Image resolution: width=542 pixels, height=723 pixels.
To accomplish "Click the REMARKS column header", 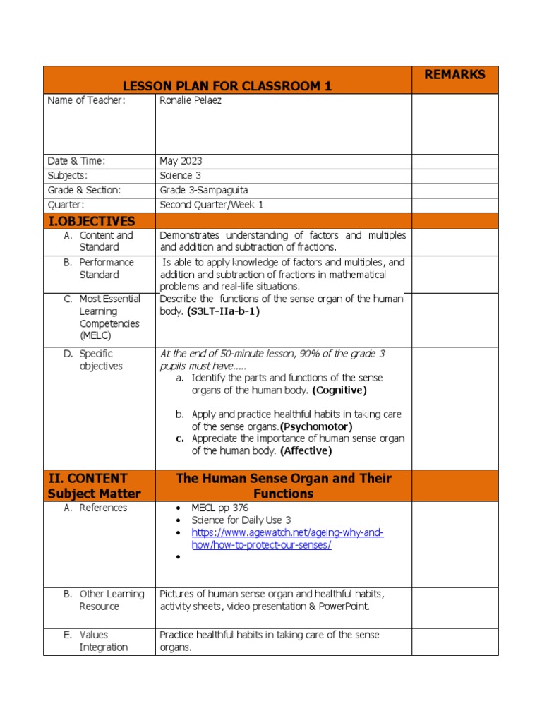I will click(x=454, y=75).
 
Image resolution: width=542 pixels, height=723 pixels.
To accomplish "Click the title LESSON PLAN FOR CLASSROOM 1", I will click(x=227, y=86).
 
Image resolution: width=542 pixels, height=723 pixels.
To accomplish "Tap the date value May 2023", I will click(x=181, y=161).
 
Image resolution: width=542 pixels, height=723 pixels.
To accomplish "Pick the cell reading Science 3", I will click(x=181, y=175).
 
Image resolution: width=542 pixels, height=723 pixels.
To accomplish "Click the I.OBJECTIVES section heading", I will click(x=90, y=221).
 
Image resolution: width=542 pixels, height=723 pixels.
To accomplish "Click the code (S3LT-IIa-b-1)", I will click(x=223, y=311).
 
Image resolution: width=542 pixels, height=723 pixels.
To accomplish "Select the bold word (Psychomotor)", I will click(x=315, y=426).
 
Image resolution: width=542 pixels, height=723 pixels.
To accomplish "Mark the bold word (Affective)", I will click(x=306, y=450).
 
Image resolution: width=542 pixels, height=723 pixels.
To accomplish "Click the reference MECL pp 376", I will click(x=219, y=508).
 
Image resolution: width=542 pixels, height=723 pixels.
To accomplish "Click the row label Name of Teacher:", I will click(x=86, y=100).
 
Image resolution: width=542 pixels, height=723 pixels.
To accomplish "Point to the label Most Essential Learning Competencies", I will click(x=109, y=317).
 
